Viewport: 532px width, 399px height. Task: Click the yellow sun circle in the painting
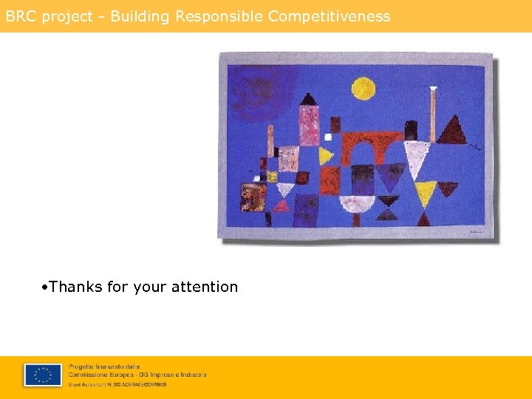coord(363,89)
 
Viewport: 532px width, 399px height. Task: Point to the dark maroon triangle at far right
coord(451,131)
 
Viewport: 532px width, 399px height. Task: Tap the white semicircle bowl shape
coord(357,203)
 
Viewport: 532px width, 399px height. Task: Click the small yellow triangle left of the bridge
coord(325,156)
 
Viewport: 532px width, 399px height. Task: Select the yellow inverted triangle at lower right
coord(425,194)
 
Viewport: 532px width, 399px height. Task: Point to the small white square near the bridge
coord(328,137)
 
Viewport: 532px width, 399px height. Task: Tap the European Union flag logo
coord(43,375)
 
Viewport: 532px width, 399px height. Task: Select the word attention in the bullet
coord(205,287)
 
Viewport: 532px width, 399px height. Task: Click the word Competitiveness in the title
coord(330,16)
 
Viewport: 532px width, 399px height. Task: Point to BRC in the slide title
coord(21,16)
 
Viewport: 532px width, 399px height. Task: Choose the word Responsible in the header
coord(219,16)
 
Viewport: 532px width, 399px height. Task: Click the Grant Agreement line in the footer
coord(117,384)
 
